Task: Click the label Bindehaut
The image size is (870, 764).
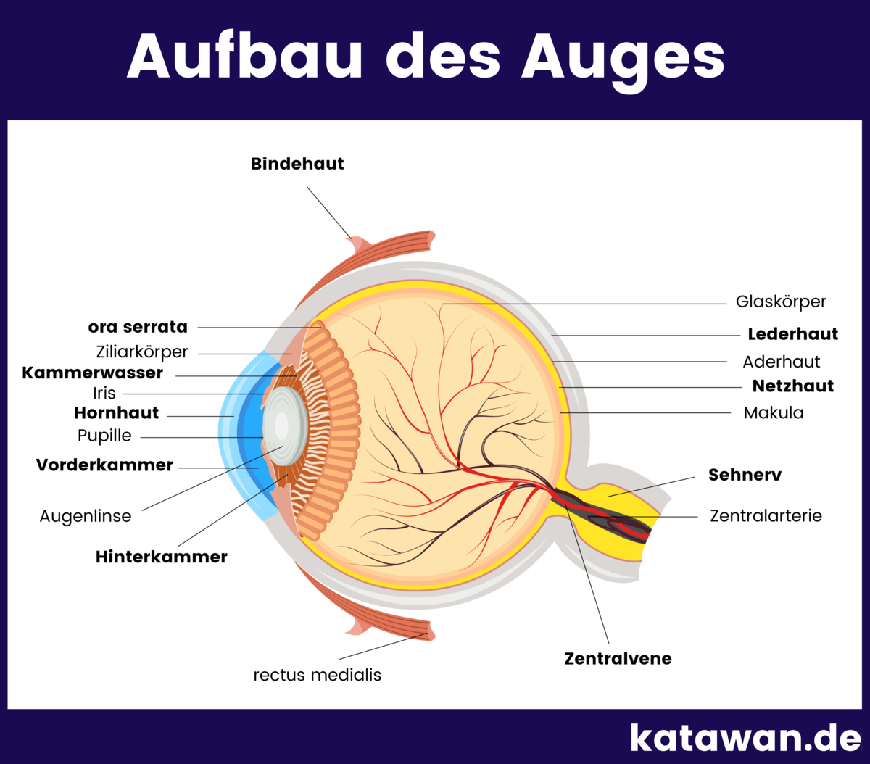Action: pos(297,164)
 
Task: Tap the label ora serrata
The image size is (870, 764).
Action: pos(138,327)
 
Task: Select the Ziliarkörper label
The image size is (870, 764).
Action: pos(142,352)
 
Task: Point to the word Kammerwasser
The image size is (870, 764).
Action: pos(93,373)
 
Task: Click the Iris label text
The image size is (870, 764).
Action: pos(104,394)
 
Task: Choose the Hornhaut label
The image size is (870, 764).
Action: pos(116,413)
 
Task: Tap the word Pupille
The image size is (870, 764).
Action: pos(104,436)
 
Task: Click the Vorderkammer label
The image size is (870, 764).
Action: pos(104,465)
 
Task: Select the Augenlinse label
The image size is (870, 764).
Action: pos(86,517)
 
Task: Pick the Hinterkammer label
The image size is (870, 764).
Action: pos(162,557)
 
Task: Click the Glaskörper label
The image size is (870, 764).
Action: pos(781,302)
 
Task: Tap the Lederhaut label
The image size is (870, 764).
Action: pos(792,334)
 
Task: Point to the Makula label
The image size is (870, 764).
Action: pos(774,413)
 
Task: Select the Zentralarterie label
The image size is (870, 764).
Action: pos(766,516)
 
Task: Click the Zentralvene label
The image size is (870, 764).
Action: pos(618,659)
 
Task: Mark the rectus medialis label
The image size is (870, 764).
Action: pos(317,676)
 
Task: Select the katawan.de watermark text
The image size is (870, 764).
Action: pos(745,738)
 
